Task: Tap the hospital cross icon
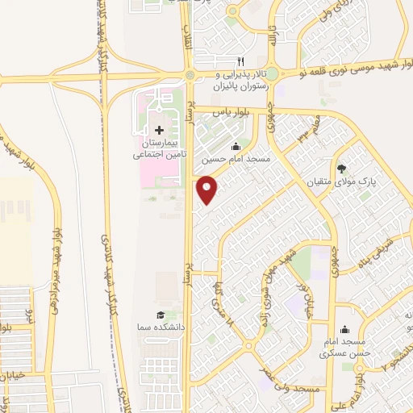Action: (x=159, y=129)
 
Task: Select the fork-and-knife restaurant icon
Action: (x=240, y=60)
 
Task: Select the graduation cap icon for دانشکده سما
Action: (x=160, y=315)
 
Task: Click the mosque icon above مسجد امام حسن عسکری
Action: (x=345, y=329)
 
